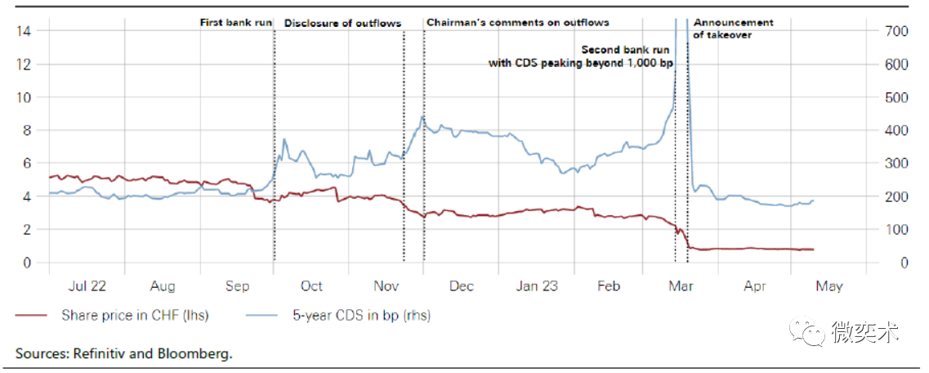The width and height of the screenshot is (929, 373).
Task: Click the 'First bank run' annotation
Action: coord(236,23)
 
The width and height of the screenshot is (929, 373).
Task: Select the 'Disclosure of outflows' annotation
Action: coord(342,23)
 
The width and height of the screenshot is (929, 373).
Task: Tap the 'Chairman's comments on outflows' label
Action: coord(518,22)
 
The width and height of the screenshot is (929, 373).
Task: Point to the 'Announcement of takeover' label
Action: coord(733,29)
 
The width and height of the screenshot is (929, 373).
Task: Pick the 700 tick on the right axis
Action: coord(896,31)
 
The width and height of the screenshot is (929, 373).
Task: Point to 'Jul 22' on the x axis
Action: coord(87,285)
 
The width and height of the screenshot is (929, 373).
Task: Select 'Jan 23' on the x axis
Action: coord(537,285)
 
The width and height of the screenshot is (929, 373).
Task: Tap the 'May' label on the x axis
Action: coord(829,285)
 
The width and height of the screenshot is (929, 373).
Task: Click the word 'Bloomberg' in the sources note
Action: coord(197,354)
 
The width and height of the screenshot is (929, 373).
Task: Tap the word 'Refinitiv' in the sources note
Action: coord(99,354)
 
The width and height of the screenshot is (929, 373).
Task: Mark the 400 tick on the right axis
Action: coord(896,131)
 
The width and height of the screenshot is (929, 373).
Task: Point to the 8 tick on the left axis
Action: coord(26,131)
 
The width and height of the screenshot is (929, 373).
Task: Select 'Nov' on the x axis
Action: coord(386,285)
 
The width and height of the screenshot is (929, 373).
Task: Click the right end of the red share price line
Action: coord(814,249)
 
